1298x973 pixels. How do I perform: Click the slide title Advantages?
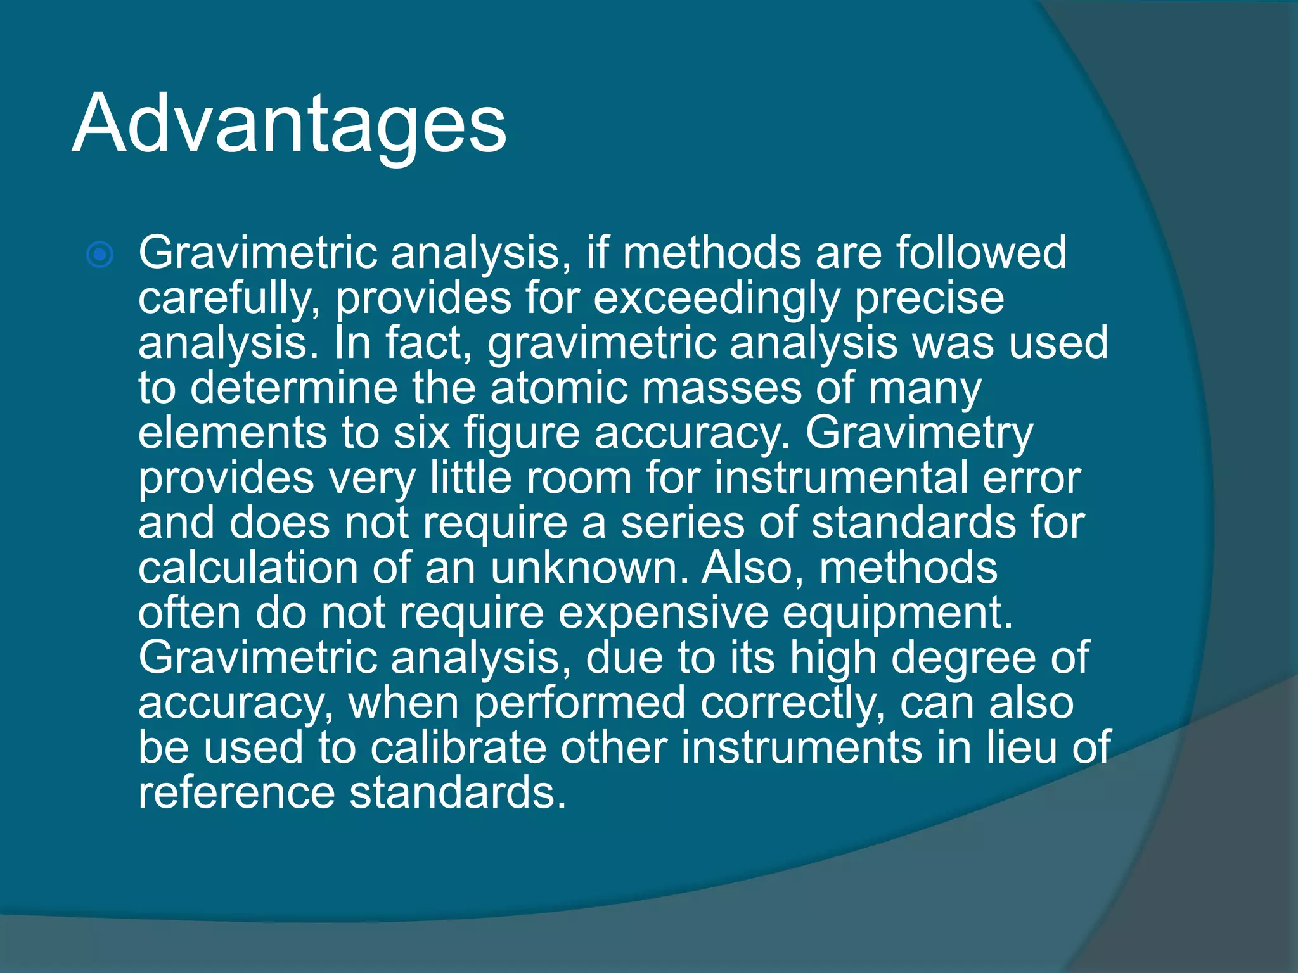pyautogui.click(x=289, y=124)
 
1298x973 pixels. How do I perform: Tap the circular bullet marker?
pyautogui.click(x=100, y=255)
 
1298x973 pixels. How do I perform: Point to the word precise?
pyautogui.click(x=929, y=298)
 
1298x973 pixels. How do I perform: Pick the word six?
pyautogui.click(x=422, y=433)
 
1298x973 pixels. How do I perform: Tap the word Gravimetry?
pyautogui.click(x=919, y=435)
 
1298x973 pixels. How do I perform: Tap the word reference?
pyautogui.click(x=236, y=793)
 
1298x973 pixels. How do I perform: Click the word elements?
pyautogui.click(x=233, y=433)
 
